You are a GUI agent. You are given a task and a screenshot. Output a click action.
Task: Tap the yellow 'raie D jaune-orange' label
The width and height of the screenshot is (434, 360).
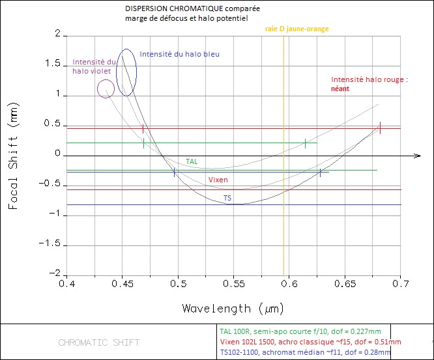coord(297,29)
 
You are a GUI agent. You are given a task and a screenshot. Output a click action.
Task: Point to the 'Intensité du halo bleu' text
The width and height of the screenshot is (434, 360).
coord(180,54)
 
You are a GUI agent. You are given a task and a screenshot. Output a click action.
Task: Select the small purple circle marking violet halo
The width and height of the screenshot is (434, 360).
coord(106,89)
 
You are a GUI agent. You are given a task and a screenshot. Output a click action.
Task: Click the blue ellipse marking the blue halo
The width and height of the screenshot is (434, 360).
coord(126,72)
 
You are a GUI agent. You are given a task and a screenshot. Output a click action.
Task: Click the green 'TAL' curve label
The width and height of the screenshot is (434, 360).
coord(192,161)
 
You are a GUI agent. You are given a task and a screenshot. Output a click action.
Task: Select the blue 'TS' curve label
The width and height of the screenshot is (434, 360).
coord(227,198)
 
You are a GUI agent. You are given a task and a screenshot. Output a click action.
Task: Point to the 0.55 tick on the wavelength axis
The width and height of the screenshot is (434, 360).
coord(233,284)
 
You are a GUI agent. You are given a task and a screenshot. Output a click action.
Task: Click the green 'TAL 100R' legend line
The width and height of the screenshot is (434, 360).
coord(304,331)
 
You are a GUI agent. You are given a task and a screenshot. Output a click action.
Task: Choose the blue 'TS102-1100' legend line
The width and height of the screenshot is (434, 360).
coord(305,353)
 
